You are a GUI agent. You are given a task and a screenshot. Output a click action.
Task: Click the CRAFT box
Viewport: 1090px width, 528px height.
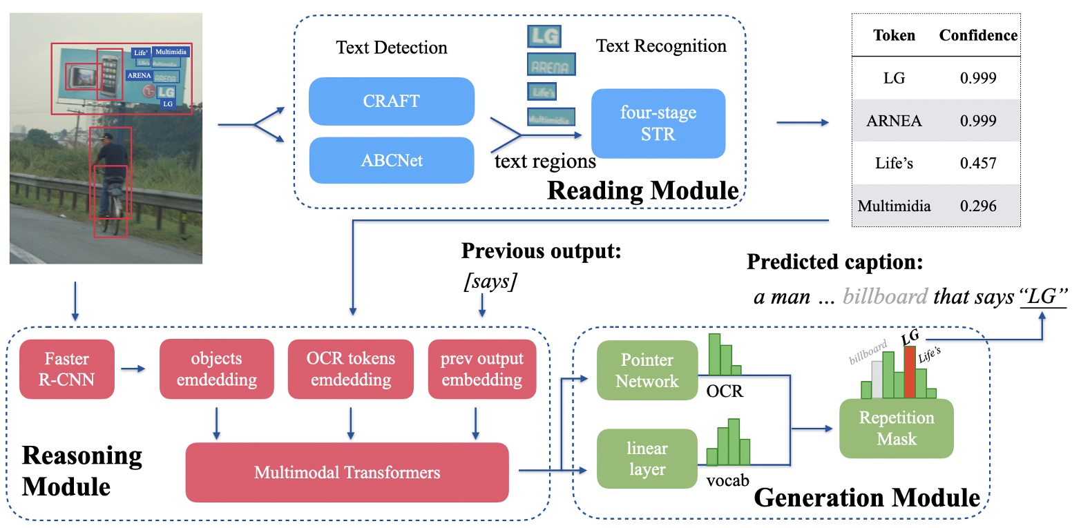(x=391, y=101)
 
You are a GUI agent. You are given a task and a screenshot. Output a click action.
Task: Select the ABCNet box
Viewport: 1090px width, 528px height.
(x=391, y=161)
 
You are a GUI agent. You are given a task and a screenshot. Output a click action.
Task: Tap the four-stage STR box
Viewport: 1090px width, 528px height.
(x=658, y=124)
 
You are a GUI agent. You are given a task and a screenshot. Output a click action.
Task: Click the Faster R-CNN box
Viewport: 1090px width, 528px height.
(x=66, y=369)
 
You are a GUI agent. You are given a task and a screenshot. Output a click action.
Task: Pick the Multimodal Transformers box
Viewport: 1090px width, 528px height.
(x=347, y=473)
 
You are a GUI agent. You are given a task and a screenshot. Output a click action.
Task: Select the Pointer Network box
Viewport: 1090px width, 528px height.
(x=647, y=371)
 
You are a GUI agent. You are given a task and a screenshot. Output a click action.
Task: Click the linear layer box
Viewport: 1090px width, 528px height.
(x=647, y=459)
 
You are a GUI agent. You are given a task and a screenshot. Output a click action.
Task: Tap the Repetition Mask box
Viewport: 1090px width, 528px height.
(x=896, y=429)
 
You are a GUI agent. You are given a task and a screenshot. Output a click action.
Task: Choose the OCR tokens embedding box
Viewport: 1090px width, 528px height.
(x=350, y=369)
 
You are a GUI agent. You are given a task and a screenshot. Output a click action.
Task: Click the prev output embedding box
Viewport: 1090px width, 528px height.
(x=481, y=369)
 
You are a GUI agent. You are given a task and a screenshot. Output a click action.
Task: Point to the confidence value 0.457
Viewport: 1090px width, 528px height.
(x=977, y=164)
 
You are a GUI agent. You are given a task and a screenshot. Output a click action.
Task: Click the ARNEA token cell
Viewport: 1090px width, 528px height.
(x=894, y=121)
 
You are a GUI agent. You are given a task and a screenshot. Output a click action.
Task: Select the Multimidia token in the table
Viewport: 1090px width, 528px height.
(x=894, y=206)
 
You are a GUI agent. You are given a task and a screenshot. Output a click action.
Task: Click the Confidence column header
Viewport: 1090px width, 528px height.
(x=977, y=35)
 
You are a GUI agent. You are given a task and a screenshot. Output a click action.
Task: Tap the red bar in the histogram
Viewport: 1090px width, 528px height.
(x=910, y=373)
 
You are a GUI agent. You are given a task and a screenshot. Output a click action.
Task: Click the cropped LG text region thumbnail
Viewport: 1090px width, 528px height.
(x=544, y=36)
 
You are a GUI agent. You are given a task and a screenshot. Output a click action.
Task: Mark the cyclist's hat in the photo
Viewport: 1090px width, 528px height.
(x=106, y=137)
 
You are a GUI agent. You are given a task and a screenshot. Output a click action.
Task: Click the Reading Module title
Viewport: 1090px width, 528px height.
(x=642, y=190)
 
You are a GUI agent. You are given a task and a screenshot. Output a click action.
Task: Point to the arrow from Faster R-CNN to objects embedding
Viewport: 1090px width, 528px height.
(x=133, y=369)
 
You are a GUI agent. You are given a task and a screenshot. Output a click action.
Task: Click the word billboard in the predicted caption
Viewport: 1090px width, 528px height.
(x=885, y=297)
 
